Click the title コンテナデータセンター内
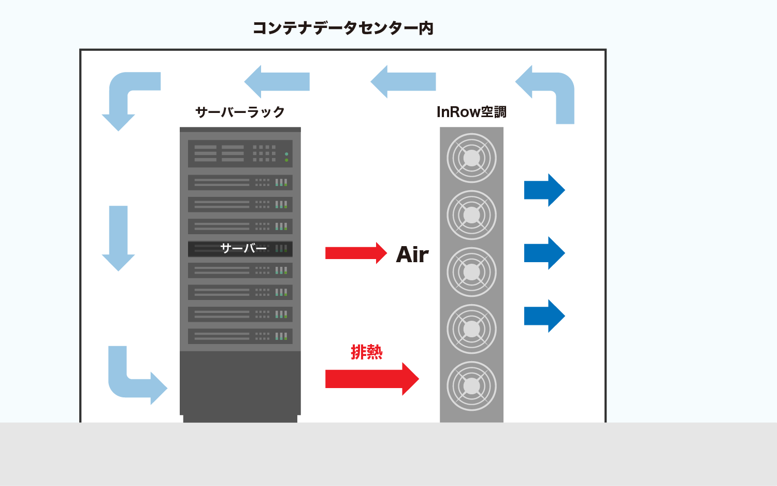(x=343, y=28)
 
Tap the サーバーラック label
(x=240, y=112)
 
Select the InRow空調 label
(x=471, y=112)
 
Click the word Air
(x=412, y=254)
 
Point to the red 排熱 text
(x=367, y=352)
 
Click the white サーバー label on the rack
(x=243, y=249)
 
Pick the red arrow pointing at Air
(x=355, y=253)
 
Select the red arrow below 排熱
(x=371, y=379)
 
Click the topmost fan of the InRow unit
(x=471, y=158)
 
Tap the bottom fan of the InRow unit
(x=471, y=386)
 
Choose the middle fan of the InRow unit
(x=471, y=272)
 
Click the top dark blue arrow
(x=544, y=190)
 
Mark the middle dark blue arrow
(x=544, y=253)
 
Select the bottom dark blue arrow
(x=544, y=316)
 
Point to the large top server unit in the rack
(x=240, y=153)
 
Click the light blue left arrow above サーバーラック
(x=277, y=82)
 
